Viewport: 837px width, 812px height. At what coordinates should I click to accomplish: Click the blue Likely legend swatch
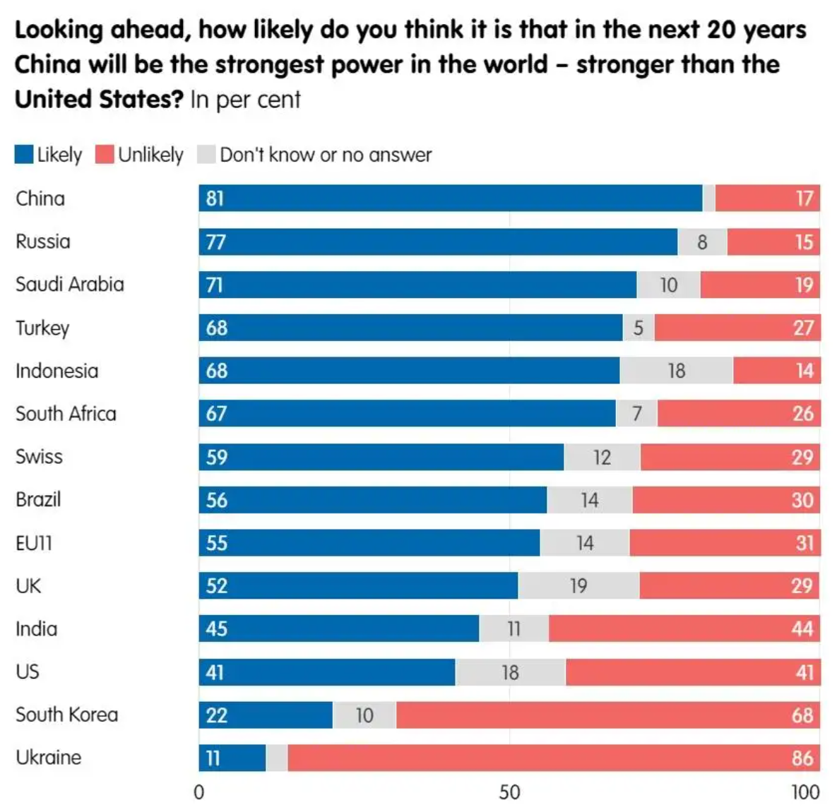[24, 155]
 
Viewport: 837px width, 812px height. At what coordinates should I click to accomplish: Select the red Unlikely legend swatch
[105, 155]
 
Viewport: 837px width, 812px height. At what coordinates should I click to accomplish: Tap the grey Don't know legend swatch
[206, 155]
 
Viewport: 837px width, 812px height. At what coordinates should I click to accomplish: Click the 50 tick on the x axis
[509, 792]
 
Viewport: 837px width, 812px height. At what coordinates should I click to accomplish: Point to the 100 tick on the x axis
[805, 792]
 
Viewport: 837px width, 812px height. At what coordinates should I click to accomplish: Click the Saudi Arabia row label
[69, 285]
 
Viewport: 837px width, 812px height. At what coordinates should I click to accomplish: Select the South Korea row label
[66, 715]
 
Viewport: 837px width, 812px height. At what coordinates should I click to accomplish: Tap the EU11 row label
[34, 543]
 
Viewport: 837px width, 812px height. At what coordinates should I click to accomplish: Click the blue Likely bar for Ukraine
[232, 758]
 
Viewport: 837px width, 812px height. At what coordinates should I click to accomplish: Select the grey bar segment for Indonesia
[676, 371]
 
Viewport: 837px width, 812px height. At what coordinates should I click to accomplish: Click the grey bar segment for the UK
[578, 585]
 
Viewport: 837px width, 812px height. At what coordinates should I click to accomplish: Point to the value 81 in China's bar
[215, 198]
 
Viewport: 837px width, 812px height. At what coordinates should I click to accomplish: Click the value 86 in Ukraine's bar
[802, 758]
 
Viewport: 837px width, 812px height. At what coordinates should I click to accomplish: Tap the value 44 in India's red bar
[802, 628]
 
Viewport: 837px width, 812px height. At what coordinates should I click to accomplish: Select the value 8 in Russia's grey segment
[702, 242]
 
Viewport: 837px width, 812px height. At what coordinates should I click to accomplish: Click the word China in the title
[47, 64]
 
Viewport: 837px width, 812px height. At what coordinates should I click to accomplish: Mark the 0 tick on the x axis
[199, 792]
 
